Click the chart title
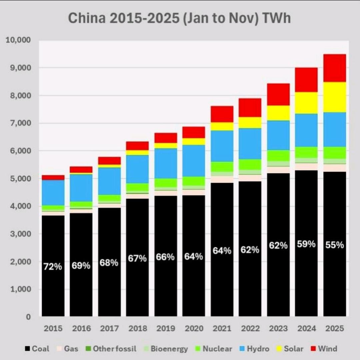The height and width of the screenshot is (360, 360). [x=179, y=18]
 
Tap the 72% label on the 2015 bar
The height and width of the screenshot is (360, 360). [x=53, y=266]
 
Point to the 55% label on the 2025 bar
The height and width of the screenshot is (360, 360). [x=335, y=245]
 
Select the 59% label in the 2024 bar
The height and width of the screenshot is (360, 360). [x=306, y=244]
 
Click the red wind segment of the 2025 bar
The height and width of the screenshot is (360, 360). [x=335, y=68]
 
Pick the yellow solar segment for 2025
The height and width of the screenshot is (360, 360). [x=335, y=97]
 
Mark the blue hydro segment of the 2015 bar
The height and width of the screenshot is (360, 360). [x=53, y=192]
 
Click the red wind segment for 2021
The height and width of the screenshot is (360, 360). [x=222, y=114]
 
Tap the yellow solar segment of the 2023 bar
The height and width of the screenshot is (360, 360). [x=278, y=113]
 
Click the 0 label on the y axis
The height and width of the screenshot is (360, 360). [x=28, y=317]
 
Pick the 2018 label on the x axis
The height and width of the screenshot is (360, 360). [x=138, y=328]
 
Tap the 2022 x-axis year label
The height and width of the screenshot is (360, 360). [x=250, y=328]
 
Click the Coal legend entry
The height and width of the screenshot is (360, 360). [x=37, y=349]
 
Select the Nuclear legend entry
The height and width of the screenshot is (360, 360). [x=213, y=349]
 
